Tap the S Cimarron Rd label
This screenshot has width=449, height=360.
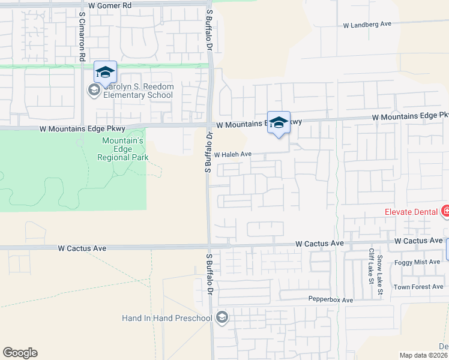[x=82, y=35]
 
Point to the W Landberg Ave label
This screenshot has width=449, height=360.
[x=367, y=25]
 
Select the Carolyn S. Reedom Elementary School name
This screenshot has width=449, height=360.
[x=139, y=91]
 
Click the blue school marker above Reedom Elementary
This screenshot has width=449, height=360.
[x=105, y=73]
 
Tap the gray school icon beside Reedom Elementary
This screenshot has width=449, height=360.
[x=93, y=91]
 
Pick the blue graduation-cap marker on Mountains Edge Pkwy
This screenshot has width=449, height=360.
[x=279, y=122]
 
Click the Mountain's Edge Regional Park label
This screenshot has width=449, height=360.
[x=122, y=149]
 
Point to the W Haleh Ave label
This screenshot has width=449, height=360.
[x=232, y=154]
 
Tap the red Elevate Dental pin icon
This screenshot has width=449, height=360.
[x=445, y=211]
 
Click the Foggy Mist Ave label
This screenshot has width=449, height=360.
[x=418, y=263]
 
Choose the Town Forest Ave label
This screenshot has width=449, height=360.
[x=418, y=287]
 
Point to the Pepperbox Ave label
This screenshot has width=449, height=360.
[x=331, y=299]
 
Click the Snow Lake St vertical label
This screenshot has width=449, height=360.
[x=379, y=275]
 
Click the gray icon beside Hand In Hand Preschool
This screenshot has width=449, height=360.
[x=222, y=317]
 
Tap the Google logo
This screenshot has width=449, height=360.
[x=20, y=353]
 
